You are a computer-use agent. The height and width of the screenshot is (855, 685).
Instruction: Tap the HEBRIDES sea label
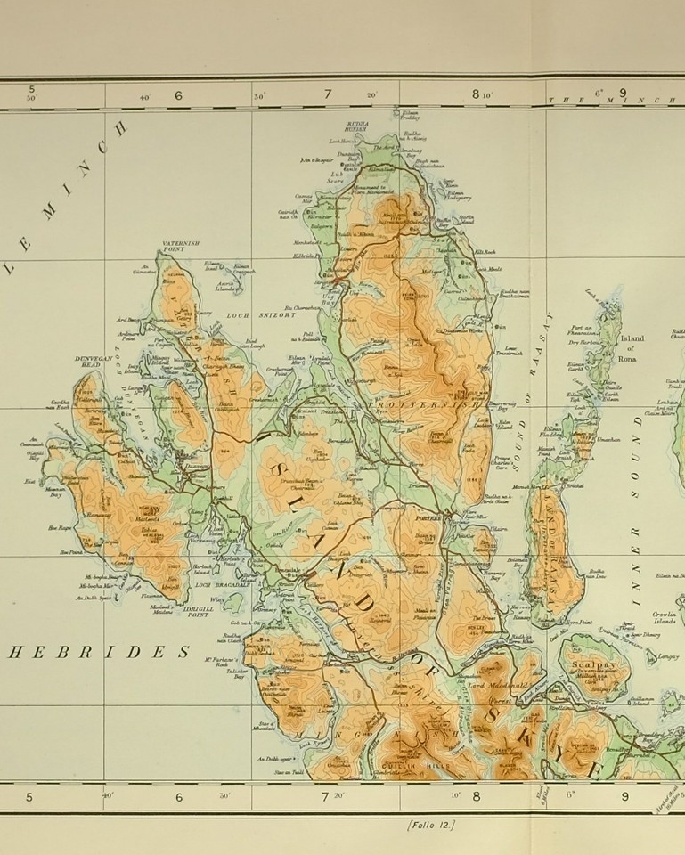tap(105, 652)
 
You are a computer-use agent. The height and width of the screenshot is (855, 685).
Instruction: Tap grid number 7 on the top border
tap(326, 94)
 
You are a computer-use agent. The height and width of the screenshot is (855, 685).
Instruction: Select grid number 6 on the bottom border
tap(177, 796)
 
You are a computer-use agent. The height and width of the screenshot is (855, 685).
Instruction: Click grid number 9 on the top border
tap(622, 93)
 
